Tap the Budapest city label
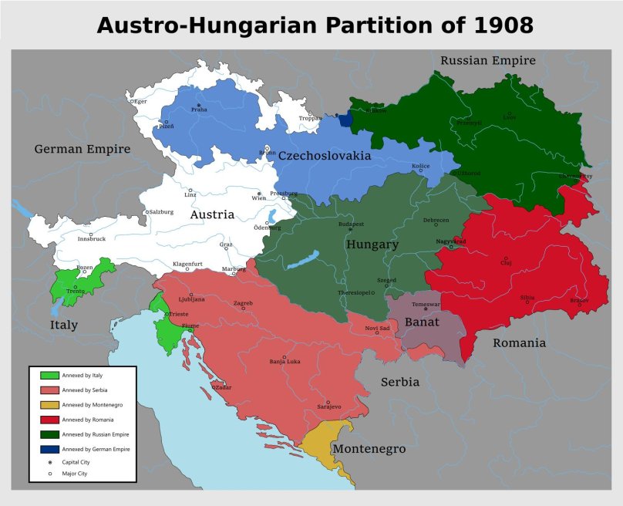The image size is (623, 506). (351, 224)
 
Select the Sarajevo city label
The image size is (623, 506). (328, 406)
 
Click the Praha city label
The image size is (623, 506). (199, 110)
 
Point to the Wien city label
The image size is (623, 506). (259, 198)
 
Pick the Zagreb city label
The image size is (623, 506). (243, 303)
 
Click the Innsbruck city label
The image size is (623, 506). (91, 239)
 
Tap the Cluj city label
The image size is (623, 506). (506, 263)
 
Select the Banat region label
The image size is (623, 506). (422, 322)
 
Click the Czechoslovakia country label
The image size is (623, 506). (325, 156)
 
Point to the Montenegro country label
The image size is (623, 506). (369, 449)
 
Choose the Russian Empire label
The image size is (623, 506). (487, 60)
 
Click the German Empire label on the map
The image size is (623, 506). (83, 149)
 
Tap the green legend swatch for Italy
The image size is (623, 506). (49, 375)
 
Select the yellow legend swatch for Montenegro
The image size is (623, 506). (49, 404)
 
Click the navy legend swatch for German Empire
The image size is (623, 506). (49, 449)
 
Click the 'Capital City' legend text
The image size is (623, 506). (78, 462)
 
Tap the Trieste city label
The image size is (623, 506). (179, 314)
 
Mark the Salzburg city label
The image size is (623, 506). (161, 211)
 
